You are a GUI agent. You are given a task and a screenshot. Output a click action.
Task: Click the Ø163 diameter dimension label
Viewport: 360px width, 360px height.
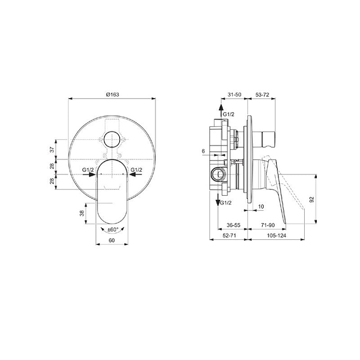112,94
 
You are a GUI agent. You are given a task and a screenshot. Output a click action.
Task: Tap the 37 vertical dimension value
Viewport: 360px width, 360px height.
52,149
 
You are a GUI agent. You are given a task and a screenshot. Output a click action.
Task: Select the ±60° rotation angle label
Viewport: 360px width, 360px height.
113,229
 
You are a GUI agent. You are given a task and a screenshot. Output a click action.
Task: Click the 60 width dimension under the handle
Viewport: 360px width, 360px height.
112,240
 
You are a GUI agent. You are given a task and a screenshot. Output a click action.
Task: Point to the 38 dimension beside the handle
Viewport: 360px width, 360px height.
82,213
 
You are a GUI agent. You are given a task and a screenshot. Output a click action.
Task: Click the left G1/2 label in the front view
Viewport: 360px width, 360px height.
88,170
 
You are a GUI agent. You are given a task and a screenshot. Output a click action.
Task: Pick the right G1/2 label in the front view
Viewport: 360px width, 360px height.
136,170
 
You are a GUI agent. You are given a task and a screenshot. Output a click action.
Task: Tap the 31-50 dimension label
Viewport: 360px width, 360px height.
234,94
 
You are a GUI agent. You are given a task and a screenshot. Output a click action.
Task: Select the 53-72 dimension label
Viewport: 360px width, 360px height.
262,94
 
